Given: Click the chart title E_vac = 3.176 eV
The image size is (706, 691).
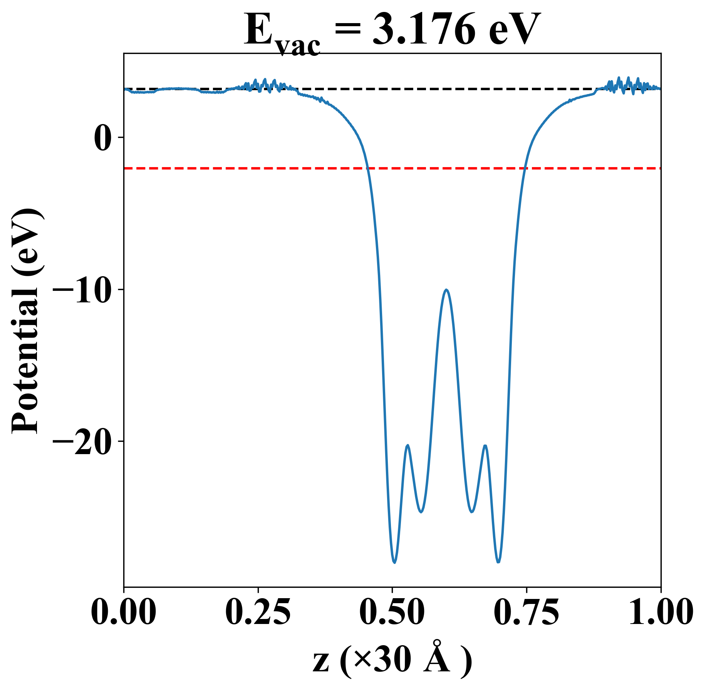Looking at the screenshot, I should [x=392, y=31].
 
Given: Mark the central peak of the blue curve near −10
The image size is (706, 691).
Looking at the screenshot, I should [x=446, y=290].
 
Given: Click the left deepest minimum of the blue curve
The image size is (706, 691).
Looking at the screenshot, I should [x=394, y=562].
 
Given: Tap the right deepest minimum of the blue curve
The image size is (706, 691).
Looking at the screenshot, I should [x=498, y=562].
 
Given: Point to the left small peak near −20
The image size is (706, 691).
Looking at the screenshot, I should [x=408, y=445].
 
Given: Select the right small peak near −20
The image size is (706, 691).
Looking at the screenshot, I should [x=485, y=446].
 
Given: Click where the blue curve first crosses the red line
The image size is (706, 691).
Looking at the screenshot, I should [x=368, y=168].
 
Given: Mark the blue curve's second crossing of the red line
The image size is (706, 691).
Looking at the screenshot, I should [x=524, y=168].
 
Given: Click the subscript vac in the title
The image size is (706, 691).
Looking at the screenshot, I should [x=298, y=47].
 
